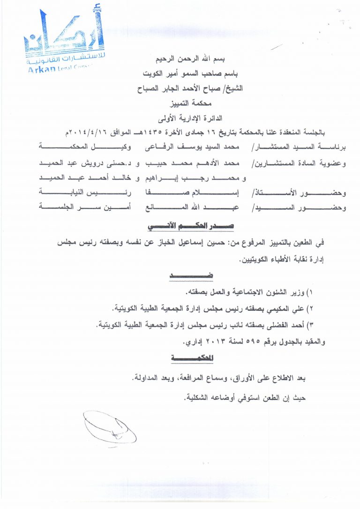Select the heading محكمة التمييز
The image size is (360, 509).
193,102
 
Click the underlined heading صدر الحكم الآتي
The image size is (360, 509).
191,226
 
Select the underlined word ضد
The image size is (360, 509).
191,276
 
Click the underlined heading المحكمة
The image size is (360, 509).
191,358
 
